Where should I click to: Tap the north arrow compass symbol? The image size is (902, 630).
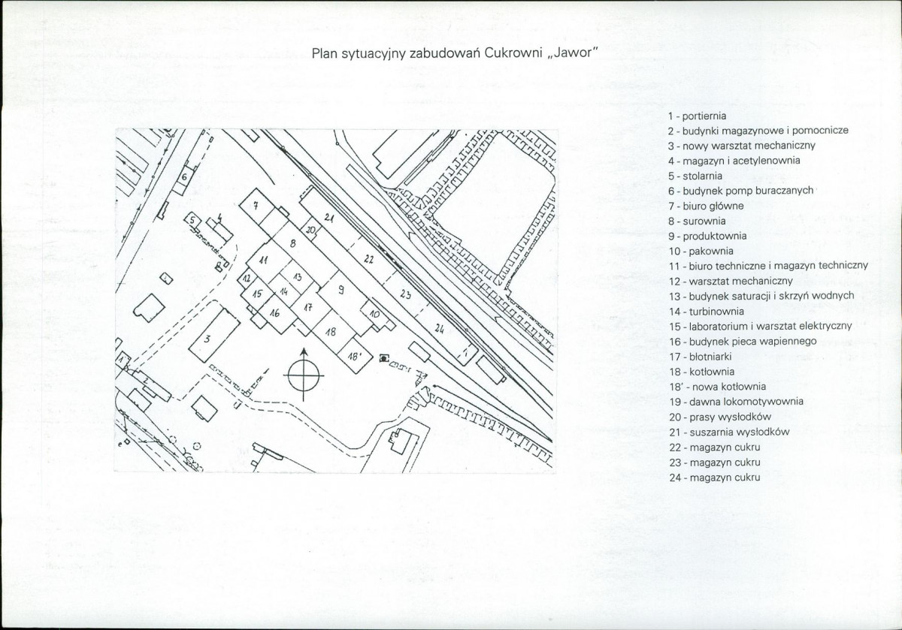coord(304,375)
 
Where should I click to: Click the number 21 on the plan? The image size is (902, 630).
coord(329,218)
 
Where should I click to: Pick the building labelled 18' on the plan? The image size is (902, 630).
coord(354,357)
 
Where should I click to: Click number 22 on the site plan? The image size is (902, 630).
coord(369,259)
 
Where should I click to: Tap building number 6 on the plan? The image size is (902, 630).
coord(184,177)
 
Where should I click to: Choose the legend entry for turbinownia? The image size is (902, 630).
coord(707,312)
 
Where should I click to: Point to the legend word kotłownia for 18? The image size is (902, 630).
coord(713,372)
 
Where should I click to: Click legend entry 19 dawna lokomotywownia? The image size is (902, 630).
coord(736,402)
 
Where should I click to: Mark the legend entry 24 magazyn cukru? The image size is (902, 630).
coord(715,478)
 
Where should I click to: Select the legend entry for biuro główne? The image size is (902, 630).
coord(706,206)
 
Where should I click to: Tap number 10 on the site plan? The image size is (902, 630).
coord(374,314)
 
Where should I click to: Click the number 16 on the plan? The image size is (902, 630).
coord(274,312)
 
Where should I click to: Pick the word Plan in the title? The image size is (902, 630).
coord(325,53)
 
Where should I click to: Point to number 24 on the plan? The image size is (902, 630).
coord(439,330)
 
